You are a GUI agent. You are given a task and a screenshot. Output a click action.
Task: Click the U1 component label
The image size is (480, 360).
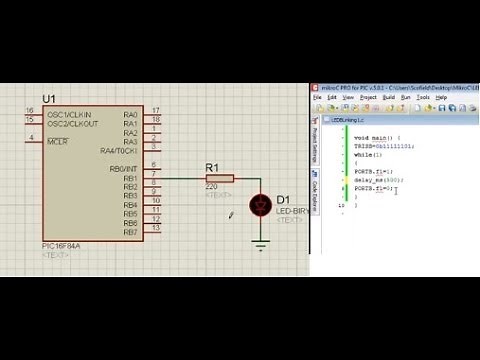click(49, 98)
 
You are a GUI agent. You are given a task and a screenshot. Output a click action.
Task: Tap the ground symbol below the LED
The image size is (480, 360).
click(262, 245)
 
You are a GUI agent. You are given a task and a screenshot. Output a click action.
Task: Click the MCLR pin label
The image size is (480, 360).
click(58, 142)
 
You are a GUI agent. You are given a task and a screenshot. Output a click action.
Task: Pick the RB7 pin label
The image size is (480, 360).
click(130, 232)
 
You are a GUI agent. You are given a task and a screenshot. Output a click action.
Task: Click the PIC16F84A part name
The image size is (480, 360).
click(60, 246)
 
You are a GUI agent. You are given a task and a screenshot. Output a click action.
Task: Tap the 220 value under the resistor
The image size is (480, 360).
click(211, 188)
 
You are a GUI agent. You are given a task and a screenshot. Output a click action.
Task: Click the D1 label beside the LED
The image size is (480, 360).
click(283, 199)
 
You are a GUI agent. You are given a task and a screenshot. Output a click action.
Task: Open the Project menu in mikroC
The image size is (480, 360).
click(369, 98)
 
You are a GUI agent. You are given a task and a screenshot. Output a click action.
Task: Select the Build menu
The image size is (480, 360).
click(389, 98)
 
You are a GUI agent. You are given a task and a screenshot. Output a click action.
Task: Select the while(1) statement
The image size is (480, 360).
click(367, 155)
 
